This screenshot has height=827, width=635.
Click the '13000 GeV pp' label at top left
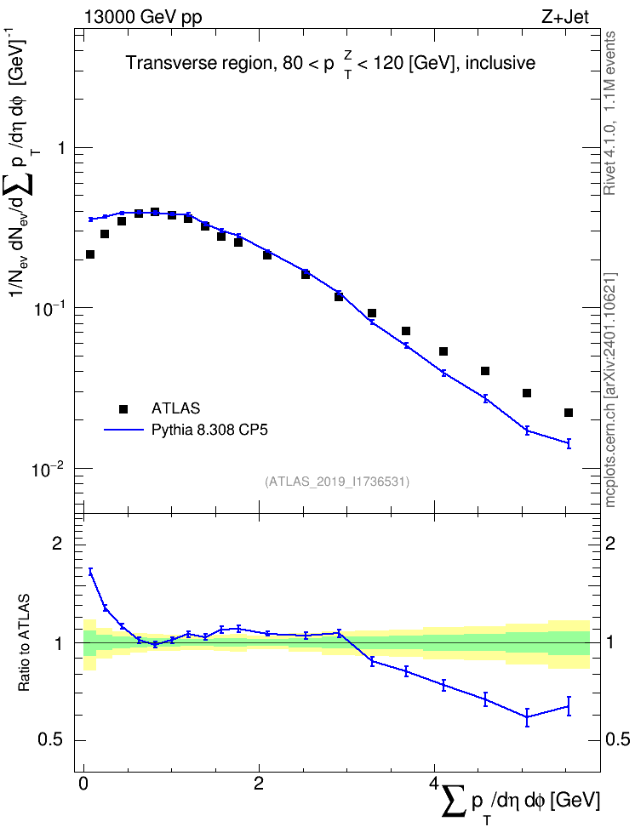click(x=142, y=17)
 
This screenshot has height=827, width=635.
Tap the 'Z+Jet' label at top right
click(x=564, y=17)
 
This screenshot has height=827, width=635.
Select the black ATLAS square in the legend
click(x=123, y=408)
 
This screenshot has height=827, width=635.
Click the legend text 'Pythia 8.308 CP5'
click(x=209, y=430)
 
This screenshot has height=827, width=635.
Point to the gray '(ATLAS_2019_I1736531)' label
click(x=337, y=481)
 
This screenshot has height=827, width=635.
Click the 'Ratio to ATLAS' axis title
click(x=24, y=642)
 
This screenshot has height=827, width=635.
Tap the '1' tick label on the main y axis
click(x=62, y=148)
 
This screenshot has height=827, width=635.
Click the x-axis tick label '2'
click(x=259, y=783)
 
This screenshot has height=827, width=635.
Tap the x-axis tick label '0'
click(x=83, y=783)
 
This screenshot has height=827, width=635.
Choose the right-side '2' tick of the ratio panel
click(x=610, y=543)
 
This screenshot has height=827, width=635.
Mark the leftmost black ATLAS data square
click(x=90, y=254)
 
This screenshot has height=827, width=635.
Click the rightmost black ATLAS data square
click(x=569, y=413)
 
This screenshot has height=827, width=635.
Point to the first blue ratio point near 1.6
click(x=90, y=571)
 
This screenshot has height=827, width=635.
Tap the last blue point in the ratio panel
click(x=569, y=705)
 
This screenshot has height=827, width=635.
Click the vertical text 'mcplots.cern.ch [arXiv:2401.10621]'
click(x=610, y=390)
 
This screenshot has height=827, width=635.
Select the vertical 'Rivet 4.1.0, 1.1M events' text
click(x=610, y=113)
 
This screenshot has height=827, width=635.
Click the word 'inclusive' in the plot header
click(x=500, y=63)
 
